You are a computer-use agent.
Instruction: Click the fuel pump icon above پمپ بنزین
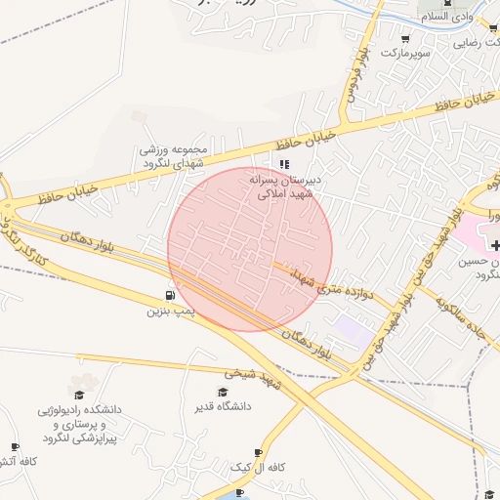tap(172, 296)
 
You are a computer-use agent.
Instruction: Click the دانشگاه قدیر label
tap(224, 405)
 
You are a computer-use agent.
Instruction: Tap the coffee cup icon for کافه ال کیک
tap(258, 453)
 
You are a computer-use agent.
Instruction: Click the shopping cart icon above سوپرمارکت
tap(405, 40)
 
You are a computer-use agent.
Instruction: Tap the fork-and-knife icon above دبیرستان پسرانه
tap(284, 164)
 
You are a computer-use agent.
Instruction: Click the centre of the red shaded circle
tap(250, 249)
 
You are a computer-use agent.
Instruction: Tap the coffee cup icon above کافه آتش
tap(14, 447)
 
